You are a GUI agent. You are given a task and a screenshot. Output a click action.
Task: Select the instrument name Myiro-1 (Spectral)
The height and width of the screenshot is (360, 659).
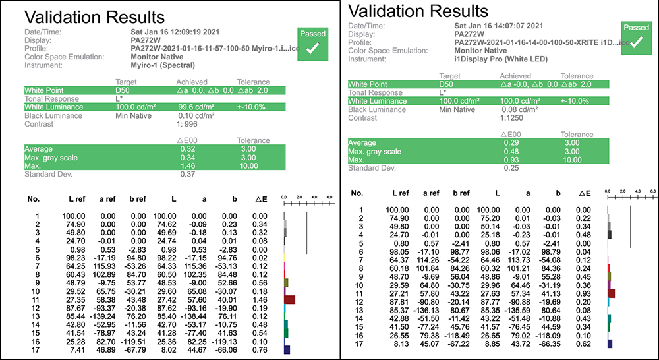point(163,65)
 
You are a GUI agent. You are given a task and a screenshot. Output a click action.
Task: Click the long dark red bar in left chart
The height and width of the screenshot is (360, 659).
point(289,299)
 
